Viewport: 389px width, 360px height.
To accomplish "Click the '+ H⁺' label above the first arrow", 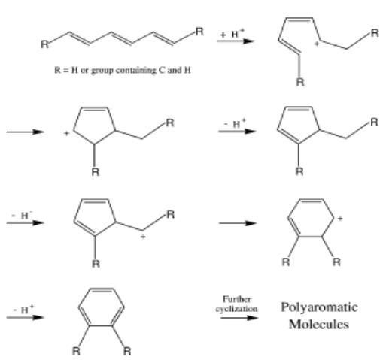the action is tap(232, 33).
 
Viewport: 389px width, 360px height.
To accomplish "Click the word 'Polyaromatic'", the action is tap(319, 308).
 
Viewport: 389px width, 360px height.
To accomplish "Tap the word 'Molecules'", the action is tap(319, 325).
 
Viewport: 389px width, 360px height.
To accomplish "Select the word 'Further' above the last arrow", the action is tap(237, 299).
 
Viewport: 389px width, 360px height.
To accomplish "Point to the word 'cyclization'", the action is tap(237, 309).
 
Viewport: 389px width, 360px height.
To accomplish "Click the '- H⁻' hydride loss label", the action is tap(23, 215).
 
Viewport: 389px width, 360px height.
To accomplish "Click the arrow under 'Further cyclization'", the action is tap(239, 318).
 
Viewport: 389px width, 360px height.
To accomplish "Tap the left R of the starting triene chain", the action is tap(44, 44).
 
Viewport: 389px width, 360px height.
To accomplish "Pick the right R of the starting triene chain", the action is tap(199, 32).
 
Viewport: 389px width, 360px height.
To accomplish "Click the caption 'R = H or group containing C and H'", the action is tap(123, 71).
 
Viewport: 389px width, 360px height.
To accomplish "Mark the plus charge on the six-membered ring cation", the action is tap(340, 219).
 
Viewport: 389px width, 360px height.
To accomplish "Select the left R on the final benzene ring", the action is tap(76, 351).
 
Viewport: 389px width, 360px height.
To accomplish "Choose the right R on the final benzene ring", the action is tap(127, 351).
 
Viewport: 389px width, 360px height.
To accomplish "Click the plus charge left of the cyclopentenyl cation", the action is tap(66, 133).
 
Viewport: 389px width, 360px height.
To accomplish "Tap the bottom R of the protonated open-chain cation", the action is tap(300, 82).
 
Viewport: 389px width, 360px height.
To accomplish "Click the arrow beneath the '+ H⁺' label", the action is tap(236, 41).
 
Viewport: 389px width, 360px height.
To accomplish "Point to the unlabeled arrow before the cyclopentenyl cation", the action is tap(25, 132).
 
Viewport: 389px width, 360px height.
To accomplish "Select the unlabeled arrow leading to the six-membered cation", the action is tap(238, 223).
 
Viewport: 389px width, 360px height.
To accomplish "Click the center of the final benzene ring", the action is tap(101, 307).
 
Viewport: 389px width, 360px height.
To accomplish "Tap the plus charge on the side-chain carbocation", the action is tap(143, 237).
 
